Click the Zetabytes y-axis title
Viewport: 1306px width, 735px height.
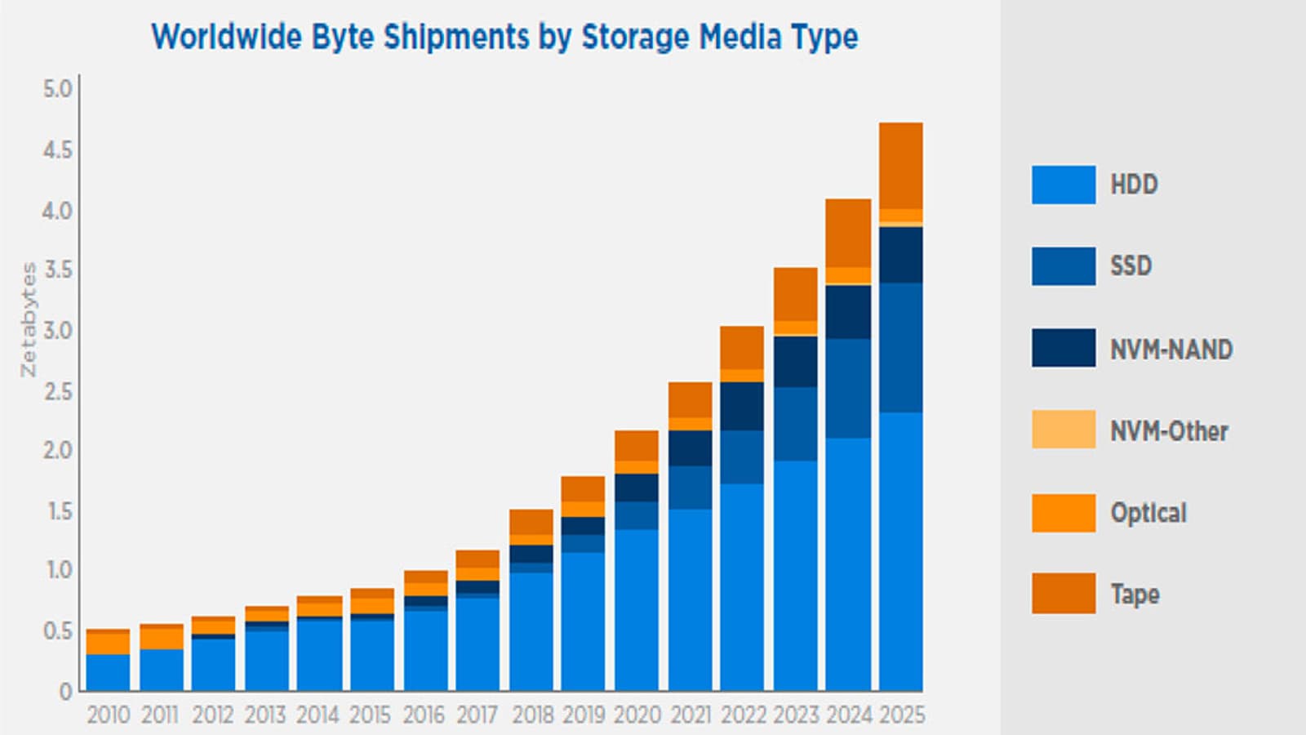pos(29,319)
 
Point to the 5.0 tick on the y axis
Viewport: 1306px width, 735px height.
pos(57,89)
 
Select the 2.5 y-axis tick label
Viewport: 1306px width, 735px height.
pos(57,391)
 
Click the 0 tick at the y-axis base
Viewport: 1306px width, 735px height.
pos(66,692)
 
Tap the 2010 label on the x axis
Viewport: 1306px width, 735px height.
pos(108,715)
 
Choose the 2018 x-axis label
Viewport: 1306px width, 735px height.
pos(533,715)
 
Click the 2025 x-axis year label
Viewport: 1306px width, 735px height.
pos(902,715)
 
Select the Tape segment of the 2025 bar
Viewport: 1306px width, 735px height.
pos(901,166)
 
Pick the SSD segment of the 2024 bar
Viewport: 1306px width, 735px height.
pos(848,388)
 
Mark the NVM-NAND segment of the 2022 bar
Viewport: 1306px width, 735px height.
pos(742,406)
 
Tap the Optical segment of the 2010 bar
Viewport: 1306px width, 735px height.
pos(108,644)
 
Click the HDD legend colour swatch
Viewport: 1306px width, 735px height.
pos(1064,185)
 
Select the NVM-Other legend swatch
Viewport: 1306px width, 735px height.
pos(1064,430)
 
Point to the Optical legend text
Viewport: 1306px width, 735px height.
pos(1148,513)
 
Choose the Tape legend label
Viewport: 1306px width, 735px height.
pos(1135,594)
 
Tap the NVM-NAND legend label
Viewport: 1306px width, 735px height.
pos(1171,350)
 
